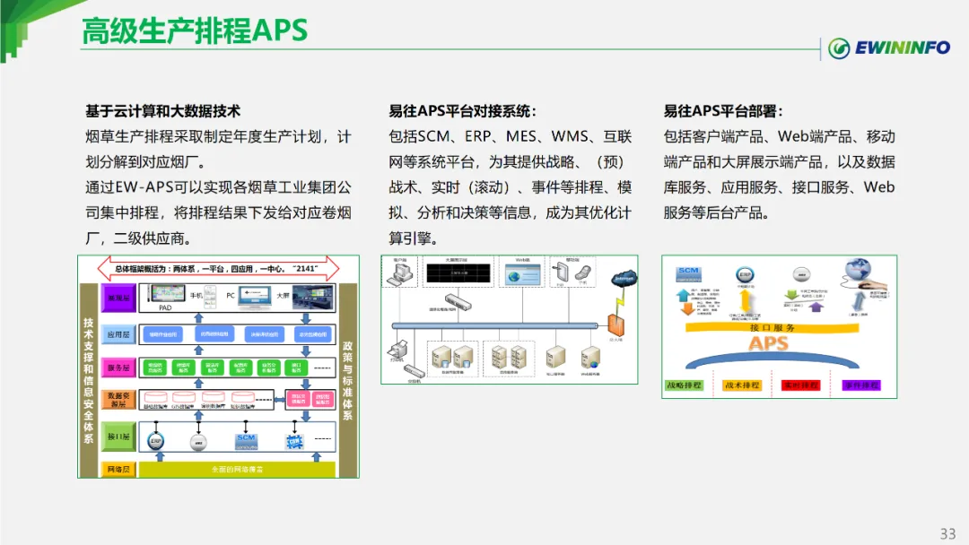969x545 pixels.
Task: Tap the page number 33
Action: pyautogui.click(x=947, y=534)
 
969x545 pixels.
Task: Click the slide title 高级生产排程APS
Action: pyautogui.click(x=195, y=30)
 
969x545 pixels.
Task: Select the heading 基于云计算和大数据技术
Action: pyautogui.click(x=162, y=111)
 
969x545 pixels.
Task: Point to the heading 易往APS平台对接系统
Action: pyautogui.click(x=462, y=111)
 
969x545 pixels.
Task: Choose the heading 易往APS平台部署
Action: pyautogui.click(x=723, y=111)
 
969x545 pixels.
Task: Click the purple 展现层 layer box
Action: pyautogui.click(x=119, y=297)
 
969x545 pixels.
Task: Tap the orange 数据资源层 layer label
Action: pyautogui.click(x=119, y=400)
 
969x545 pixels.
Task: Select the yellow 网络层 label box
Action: pyautogui.click(x=119, y=469)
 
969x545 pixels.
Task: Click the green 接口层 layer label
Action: pyautogui.click(x=119, y=437)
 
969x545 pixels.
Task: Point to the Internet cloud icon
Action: pyautogui.click(x=624, y=281)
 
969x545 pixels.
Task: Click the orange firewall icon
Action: pyautogui.click(x=615, y=325)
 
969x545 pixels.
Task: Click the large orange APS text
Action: pyautogui.click(x=769, y=344)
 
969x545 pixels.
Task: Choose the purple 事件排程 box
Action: pyautogui.click(x=860, y=385)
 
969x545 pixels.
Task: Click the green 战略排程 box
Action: pyautogui.click(x=684, y=385)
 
